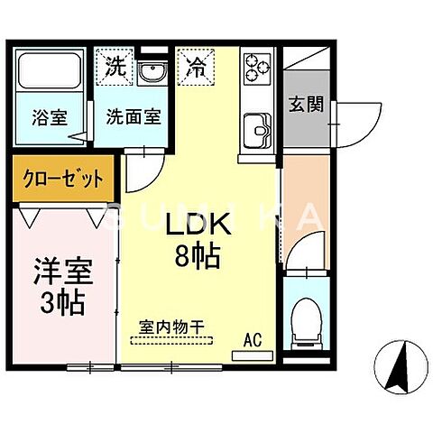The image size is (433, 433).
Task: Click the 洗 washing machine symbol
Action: click(x=114, y=66)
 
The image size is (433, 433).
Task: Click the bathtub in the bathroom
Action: click(x=51, y=75)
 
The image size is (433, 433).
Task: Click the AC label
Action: click(x=253, y=341)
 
